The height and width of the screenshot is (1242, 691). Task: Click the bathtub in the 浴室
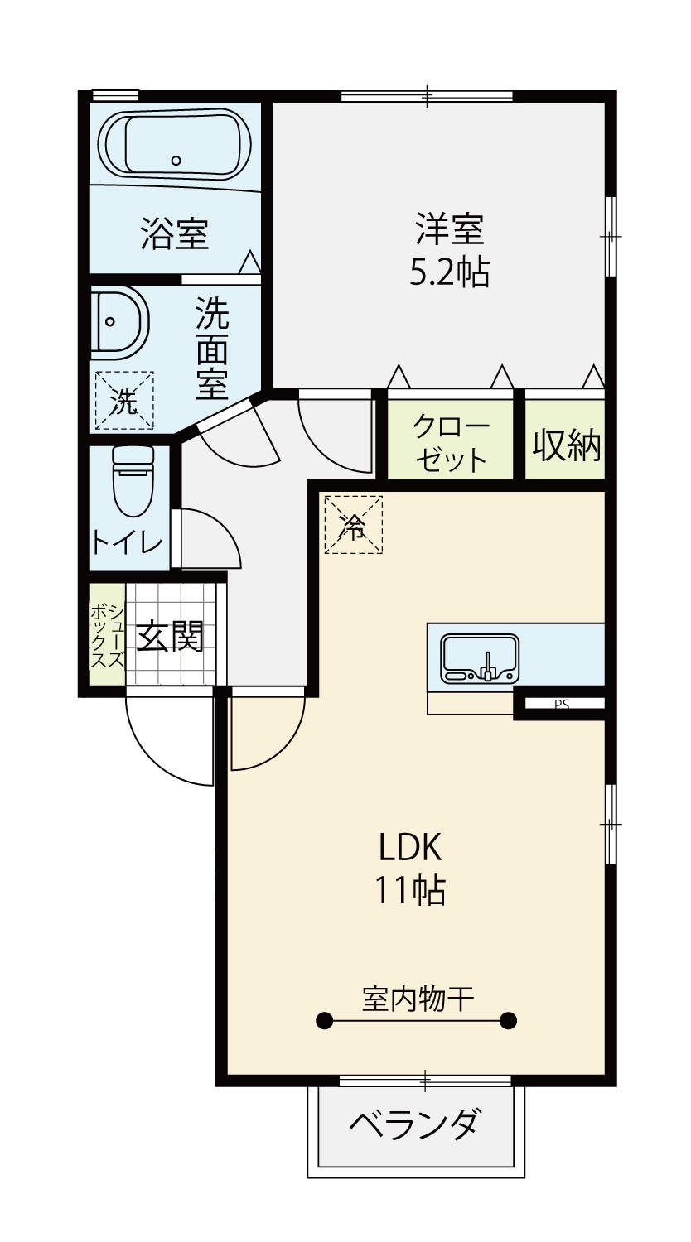tap(176, 144)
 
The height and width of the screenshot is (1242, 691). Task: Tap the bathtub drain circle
tap(176, 161)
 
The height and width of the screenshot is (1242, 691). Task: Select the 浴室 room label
tap(174, 233)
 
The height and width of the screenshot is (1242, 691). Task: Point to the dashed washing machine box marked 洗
tap(123, 400)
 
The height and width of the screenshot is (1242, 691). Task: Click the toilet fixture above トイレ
tap(133, 481)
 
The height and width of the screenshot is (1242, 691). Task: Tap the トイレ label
tap(127, 543)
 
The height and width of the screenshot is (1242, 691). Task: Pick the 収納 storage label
tap(567, 444)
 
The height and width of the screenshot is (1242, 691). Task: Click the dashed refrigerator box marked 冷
tap(354, 524)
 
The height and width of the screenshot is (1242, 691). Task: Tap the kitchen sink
tap(480, 658)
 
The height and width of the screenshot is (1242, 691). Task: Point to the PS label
tap(562, 705)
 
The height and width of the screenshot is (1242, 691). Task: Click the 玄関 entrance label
tap(171, 637)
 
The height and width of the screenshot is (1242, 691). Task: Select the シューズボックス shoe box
tap(108, 636)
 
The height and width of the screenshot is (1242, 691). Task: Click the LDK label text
tap(410, 847)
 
